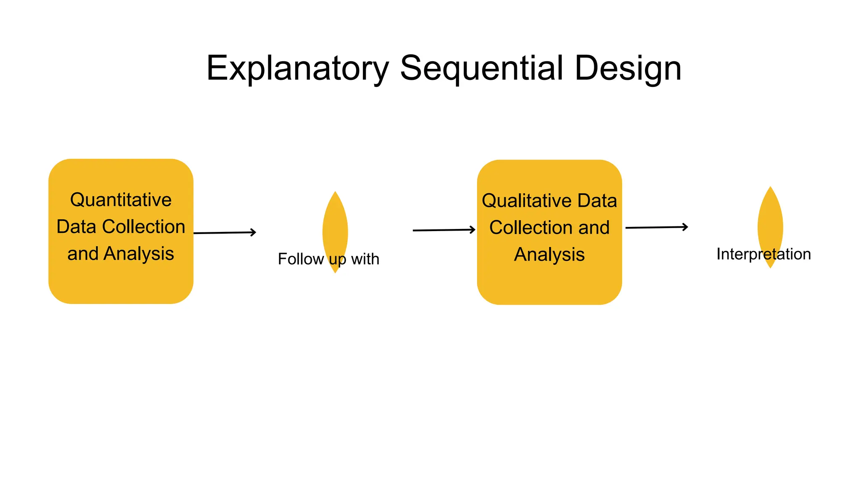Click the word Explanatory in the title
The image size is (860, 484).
298,68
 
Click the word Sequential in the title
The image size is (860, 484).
482,68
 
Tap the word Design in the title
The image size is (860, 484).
627,68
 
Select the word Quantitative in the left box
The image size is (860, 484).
121,200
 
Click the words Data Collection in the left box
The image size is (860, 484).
121,227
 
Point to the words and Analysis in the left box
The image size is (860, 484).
121,254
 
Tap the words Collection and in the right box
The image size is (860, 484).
549,228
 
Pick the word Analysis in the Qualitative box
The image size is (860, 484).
549,255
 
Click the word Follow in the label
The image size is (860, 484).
301,259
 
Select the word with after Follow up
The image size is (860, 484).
365,259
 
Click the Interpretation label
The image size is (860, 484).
763,254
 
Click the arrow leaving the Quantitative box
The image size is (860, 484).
224,233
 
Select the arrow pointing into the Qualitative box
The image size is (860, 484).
443,230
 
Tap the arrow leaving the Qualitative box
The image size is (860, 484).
656,227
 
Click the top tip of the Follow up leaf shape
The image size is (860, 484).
335,193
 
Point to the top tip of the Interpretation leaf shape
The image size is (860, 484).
770,188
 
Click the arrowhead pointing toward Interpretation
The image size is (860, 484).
686,227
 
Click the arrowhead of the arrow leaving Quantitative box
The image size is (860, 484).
254,232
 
